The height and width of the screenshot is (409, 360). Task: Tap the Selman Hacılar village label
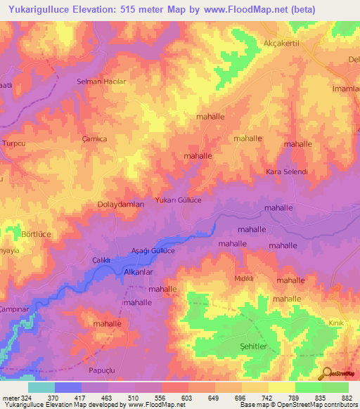[x=101, y=82]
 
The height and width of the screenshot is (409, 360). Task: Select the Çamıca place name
[x=94, y=139]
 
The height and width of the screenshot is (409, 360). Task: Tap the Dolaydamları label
[x=120, y=204]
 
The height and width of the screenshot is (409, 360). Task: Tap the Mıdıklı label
[x=244, y=278]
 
